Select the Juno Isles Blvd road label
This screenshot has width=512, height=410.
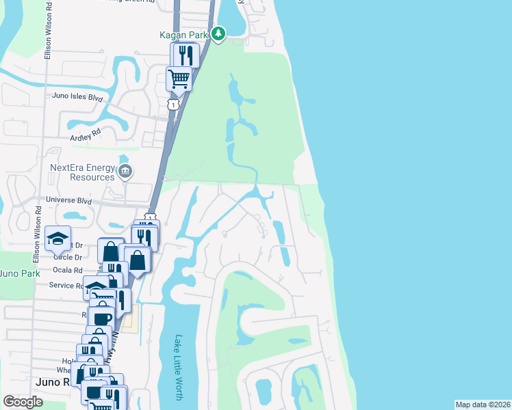coord(77,98)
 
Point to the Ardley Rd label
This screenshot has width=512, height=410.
coord(85,131)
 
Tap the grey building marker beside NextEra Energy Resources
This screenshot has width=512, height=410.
coord(125,171)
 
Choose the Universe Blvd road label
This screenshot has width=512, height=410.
coord(68,201)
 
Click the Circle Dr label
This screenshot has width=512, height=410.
coord(68,258)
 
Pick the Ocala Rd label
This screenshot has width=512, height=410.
coord(69,271)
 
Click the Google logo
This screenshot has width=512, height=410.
coord(23,402)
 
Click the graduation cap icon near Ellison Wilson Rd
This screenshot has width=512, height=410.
coord(57,239)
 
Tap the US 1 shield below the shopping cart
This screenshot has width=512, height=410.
coord(174,105)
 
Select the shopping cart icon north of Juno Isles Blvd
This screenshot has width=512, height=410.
coord(179,79)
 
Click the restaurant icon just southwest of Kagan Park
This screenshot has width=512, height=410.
coord(186,54)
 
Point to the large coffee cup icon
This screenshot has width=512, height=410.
coord(102,318)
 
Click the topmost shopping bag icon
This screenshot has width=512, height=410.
coord(111,251)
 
